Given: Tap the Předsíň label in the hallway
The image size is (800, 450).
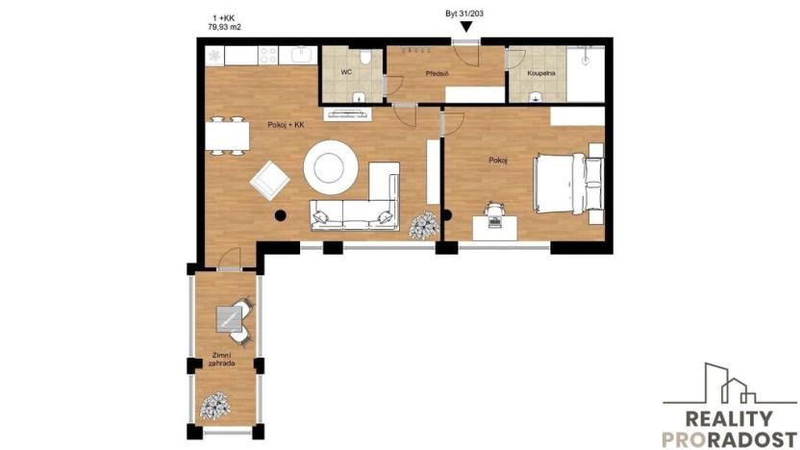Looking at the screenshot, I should pyautogui.click(x=438, y=73).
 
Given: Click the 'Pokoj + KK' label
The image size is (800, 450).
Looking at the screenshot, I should pyautogui.click(x=286, y=125).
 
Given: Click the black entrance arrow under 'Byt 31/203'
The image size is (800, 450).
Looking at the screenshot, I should pyautogui.click(x=465, y=27).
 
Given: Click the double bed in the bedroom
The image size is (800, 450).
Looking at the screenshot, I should pyautogui.click(x=565, y=184).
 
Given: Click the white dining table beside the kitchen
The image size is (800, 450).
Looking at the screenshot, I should pyautogui.click(x=227, y=134).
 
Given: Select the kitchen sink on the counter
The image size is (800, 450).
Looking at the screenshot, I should pyautogui.click(x=301, y=54).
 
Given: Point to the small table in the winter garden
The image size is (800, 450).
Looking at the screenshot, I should pyautogui.click(x=232, y=317).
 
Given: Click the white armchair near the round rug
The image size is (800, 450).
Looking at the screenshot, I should pyautogui.click(x=268, y=179).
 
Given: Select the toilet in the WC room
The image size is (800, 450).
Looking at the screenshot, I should pyautogui.click(x=356, y=93).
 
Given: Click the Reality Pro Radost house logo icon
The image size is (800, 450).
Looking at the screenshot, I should pyautogui.click(x=730, y=384).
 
